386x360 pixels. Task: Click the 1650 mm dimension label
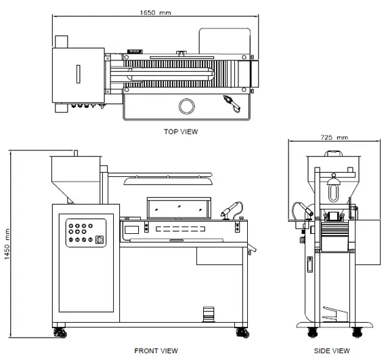pos(155,13)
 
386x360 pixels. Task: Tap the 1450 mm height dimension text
pos(7,244)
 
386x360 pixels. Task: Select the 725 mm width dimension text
pos(335,137)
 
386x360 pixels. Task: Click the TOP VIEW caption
pos(181,132)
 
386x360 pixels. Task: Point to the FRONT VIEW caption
pos(156,351)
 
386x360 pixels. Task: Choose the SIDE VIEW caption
pos(332,351)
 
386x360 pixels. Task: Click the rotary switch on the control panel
pos(100,239)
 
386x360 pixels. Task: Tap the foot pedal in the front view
pos(209,314)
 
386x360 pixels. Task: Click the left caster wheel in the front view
pos(60,333)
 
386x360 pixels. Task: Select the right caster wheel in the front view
pos(242,333)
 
